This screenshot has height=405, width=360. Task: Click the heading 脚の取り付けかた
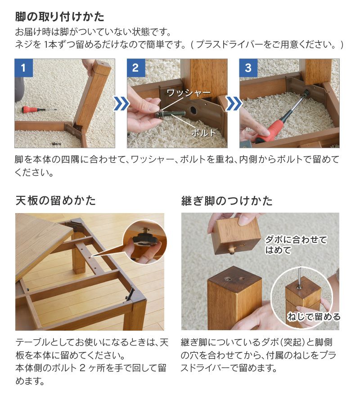pos(60,17)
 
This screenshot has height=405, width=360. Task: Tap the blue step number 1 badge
pos(23,68)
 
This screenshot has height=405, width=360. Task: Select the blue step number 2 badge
pos(135,68)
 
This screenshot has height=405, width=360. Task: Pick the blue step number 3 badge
pos(248,68)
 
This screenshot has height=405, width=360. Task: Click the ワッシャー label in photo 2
pos(188,93)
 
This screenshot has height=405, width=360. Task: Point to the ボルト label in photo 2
pos(204,133)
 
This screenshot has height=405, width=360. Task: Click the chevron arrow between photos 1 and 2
pos(121,104)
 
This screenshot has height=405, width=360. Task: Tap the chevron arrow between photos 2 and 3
pos(233,104)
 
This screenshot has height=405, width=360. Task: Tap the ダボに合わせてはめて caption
pos(296,245)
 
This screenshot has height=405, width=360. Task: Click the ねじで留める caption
pos(314,317)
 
